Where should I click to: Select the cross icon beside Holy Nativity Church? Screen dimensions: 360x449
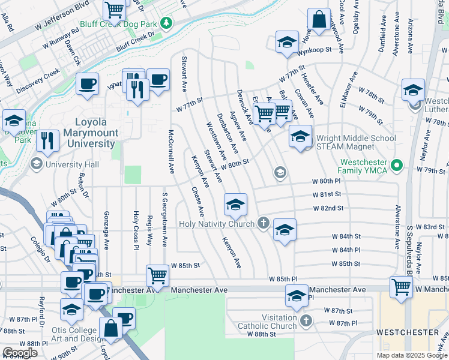[x=263, y=223]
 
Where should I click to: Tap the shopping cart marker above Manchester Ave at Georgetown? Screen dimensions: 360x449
[x=157, y=275]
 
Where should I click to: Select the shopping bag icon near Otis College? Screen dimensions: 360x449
[x=111, y=328]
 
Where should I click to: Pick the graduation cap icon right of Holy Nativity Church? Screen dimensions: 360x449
[x=285, y=230]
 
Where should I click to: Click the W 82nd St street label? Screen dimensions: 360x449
[x=327, y=208]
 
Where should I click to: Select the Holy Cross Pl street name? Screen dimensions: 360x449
[x=136, y=230]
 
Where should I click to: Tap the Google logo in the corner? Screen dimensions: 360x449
[x=20, y=353]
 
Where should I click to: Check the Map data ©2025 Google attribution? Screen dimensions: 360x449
[x=411, y=355]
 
